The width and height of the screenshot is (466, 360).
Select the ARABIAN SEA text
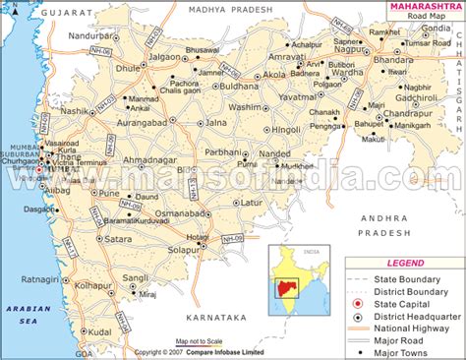pos(23,314)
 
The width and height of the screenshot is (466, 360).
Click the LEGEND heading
pos(405,264)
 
